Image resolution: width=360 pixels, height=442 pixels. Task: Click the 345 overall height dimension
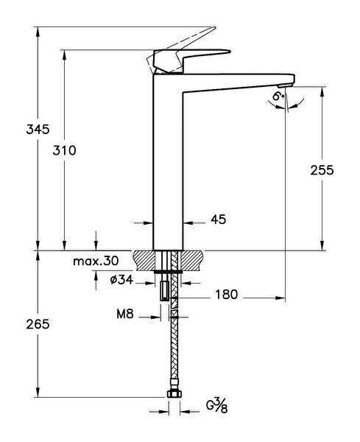[18, 130]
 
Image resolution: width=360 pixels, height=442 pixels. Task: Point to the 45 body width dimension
[218, 220]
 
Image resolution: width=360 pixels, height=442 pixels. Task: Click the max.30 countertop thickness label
[96, 262]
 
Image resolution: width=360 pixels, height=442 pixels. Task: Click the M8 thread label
[124, 315]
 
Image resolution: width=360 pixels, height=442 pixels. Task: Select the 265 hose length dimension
[18, 324]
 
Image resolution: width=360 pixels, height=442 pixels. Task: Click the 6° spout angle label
[278, 96]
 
